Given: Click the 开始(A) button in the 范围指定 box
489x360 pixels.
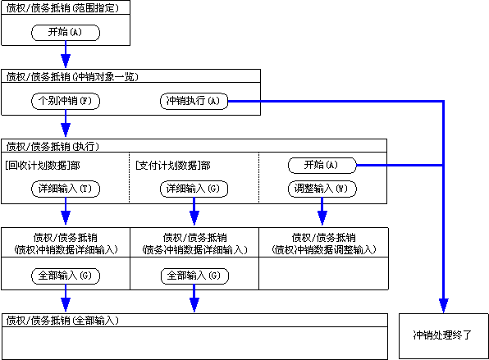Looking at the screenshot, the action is (x=66, y=33).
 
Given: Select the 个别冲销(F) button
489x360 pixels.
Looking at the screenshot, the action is (x=66, y=102).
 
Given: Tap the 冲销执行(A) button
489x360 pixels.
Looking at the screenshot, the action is (x=194, y=102).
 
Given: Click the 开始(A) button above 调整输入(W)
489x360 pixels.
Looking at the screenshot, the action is (x=322, y=165).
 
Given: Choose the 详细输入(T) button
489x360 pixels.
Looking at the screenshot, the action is (x=66, y=189).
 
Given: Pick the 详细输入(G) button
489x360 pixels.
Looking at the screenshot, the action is (x=194, y=189).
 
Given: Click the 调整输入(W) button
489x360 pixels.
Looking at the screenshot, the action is (x=322, y=189).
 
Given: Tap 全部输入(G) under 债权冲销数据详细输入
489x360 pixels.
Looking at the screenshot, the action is (x=66, y=276).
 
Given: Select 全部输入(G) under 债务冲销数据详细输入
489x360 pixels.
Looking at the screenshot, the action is (x=194, y=276).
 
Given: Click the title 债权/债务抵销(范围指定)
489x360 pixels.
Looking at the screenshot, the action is (x=62, y=8).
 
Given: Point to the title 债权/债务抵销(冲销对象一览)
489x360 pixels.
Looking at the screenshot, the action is (x=72, y=77).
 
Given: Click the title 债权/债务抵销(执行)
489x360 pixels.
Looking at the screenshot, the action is (x=53, y=146).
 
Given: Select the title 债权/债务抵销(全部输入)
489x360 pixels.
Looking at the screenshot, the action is (x=62, y=321).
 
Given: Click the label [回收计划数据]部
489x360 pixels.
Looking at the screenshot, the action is (x=43, y=166).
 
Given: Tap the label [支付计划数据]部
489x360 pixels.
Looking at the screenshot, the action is (x=173, y=166).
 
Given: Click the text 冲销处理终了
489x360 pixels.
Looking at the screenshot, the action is (x=442, y=335).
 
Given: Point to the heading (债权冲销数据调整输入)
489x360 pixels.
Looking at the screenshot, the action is (x=324, y=249).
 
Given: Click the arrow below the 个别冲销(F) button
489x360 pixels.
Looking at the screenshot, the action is (x=66, y=123).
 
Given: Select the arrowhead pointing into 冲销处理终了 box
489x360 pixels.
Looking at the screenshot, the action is (x=444, y=305).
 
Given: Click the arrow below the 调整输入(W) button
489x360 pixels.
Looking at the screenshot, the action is (x=322, y=211).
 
